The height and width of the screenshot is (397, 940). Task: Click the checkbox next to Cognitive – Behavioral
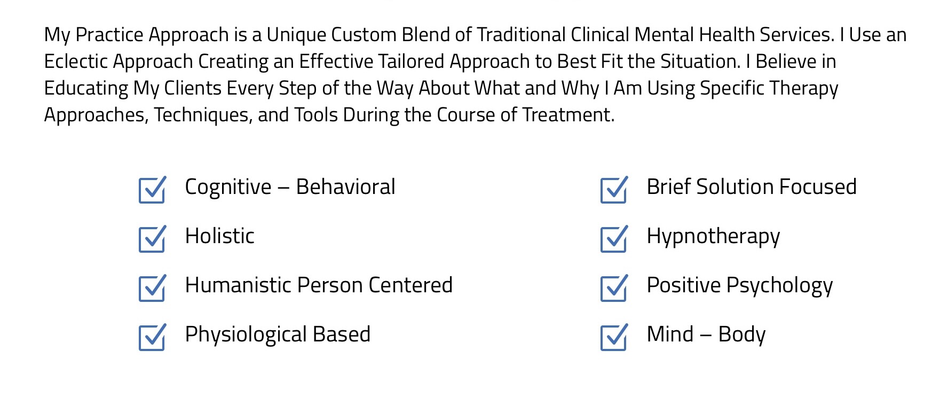click(152, 190)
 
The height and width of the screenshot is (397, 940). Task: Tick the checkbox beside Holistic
click(152, 239)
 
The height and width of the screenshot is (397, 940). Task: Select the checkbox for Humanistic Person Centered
click(152, 288)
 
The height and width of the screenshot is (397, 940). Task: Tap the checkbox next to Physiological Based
click(152, 337)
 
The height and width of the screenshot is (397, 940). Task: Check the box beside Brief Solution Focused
click(614, 190)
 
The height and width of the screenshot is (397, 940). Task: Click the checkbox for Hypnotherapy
click(614, 239)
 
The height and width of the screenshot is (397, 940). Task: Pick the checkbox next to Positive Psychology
click(614, 288)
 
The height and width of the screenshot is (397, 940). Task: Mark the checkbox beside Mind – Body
click(614, 337)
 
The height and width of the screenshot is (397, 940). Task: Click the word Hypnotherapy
click(713, 237)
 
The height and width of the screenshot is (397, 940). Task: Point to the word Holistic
click(219, 236)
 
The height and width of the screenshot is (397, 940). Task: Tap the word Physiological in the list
click(246, 335)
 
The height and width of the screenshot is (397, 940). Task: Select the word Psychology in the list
click(779, 286)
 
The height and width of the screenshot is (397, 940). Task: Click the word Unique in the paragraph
click(296, 35)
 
